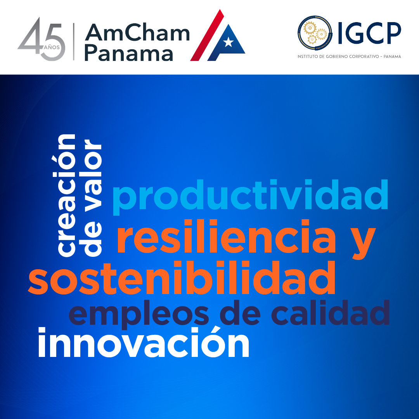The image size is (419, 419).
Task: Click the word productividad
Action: [x=250, y=197]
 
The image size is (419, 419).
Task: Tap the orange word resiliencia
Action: [x=226, y=236]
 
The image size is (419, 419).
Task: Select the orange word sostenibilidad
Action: [x=182, y=278]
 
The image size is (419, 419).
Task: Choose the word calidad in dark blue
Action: [x=331, y=312]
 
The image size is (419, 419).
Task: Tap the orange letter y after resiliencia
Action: [x=364, y=242]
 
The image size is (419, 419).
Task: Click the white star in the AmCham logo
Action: [x=229, y=42]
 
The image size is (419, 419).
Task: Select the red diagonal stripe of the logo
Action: [x=207, y=35]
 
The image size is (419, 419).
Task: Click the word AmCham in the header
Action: [x=137, y=33]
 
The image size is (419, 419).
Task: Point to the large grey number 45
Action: [x=42, y=39]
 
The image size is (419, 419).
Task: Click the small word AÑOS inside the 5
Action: [x=52, y=47]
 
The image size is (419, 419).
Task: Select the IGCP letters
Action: [x=370, y=33]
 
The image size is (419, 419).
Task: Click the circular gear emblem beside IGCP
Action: [x=315, y=33]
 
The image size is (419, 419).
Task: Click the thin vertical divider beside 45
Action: [x=74, y=42]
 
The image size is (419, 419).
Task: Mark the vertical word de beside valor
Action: [x=92, y=238]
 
